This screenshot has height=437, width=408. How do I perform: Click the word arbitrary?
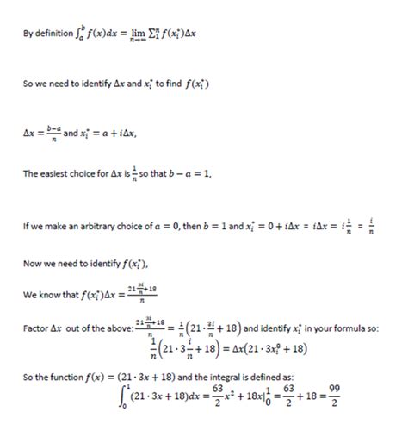(x=104, y=228)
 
